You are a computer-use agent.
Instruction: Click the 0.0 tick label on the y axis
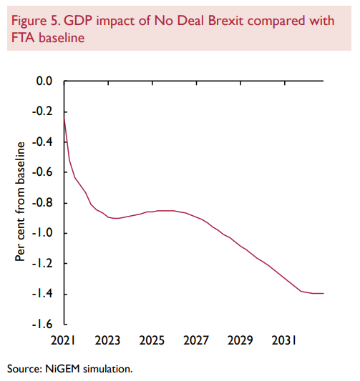45,81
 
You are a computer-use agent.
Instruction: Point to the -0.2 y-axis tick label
43,112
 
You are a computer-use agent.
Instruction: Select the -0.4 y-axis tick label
43,142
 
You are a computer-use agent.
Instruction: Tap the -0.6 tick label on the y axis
43,172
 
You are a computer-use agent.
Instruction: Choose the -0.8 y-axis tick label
43,203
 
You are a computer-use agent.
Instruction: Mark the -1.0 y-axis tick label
43,234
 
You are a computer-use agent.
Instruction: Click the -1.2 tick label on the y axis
43,264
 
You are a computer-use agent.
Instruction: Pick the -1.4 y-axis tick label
43,295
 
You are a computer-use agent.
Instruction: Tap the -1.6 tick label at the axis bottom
43,325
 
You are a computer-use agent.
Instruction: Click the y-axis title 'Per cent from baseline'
21,202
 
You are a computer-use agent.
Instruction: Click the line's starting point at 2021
64,116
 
